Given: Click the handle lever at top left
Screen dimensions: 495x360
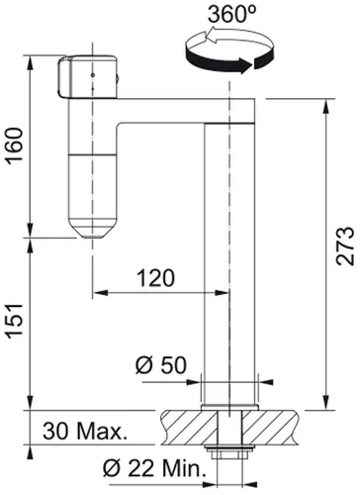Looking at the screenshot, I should (x=91, y=79).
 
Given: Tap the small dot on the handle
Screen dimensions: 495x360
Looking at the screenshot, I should (x=91, y=73).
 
